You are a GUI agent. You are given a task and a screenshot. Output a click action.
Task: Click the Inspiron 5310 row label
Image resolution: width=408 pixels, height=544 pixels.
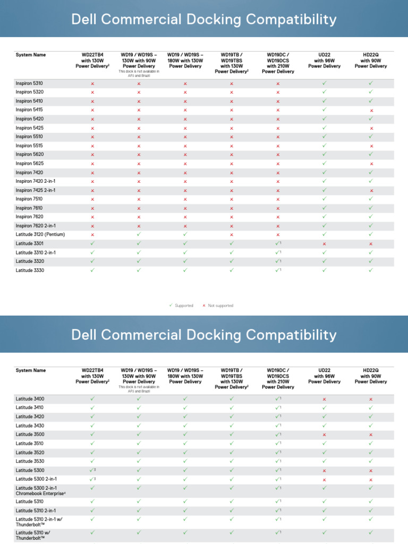coord(29,83)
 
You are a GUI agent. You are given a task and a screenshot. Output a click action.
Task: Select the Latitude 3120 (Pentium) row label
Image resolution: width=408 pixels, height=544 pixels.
coord(40,234)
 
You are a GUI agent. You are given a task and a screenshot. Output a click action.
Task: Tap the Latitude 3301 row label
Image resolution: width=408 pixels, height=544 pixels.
coord(29,243)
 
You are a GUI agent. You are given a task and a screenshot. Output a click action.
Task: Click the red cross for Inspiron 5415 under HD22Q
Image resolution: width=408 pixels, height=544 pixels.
coord(371,110)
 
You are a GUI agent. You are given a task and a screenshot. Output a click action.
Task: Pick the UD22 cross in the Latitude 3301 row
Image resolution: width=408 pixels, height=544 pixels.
coord(324,244)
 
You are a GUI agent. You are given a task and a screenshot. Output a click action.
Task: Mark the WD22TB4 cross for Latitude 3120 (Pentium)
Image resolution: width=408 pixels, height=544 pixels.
coord(92,235)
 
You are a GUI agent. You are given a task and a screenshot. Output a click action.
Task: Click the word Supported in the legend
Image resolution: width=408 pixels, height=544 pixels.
coord(184,305)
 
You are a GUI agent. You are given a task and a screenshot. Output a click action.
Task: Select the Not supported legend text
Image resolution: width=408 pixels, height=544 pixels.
coord(220,305)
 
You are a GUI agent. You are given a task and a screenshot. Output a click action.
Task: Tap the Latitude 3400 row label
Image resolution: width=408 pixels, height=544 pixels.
coord(30,398)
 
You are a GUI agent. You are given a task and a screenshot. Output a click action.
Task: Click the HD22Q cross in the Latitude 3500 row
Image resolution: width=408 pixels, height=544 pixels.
coord(371,435)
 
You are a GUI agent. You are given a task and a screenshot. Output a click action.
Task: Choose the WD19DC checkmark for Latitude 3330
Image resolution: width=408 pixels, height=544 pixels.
coord(277,270)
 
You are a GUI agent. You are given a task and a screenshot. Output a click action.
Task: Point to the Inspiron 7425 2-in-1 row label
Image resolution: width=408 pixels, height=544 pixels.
coord(36,190)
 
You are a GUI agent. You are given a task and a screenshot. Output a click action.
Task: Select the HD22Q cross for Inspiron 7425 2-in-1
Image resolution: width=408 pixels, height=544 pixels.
coord(371,190)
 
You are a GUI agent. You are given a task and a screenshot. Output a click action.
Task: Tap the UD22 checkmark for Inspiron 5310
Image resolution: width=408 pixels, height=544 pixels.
coord(324,83)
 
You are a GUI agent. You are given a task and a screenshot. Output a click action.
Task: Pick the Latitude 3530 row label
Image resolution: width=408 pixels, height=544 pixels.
coord(30,461)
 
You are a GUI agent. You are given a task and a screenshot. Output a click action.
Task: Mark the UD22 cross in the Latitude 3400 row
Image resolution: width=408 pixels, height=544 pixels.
coord(324,399)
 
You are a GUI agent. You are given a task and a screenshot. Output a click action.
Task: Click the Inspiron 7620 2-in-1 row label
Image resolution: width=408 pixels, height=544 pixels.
coord(36,226)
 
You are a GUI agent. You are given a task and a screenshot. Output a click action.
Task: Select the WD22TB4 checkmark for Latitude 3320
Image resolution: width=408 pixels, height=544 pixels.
coord(92,261)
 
